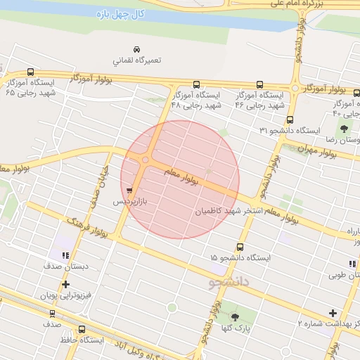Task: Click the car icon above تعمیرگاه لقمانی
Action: point(136,48)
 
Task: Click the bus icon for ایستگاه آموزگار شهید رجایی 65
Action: point(30,72)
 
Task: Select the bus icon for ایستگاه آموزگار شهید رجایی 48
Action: point(195,84)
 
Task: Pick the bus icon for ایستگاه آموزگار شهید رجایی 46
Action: point(259,84)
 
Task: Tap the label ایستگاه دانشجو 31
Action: point(289,131)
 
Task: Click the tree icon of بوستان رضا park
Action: point(345,128)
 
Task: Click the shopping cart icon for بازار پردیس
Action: point(129,190)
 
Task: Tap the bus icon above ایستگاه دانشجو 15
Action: point(240,247)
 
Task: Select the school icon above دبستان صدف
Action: point(65,256)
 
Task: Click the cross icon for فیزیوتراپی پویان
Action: point(65,285)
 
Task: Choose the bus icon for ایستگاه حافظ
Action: point(82,329)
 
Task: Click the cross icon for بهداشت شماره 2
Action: point(333,313)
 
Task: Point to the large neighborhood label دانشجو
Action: point(229,282)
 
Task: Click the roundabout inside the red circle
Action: point(146,160)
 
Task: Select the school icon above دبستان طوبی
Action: point(352,263)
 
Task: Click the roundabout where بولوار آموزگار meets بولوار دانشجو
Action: point(295,89)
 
